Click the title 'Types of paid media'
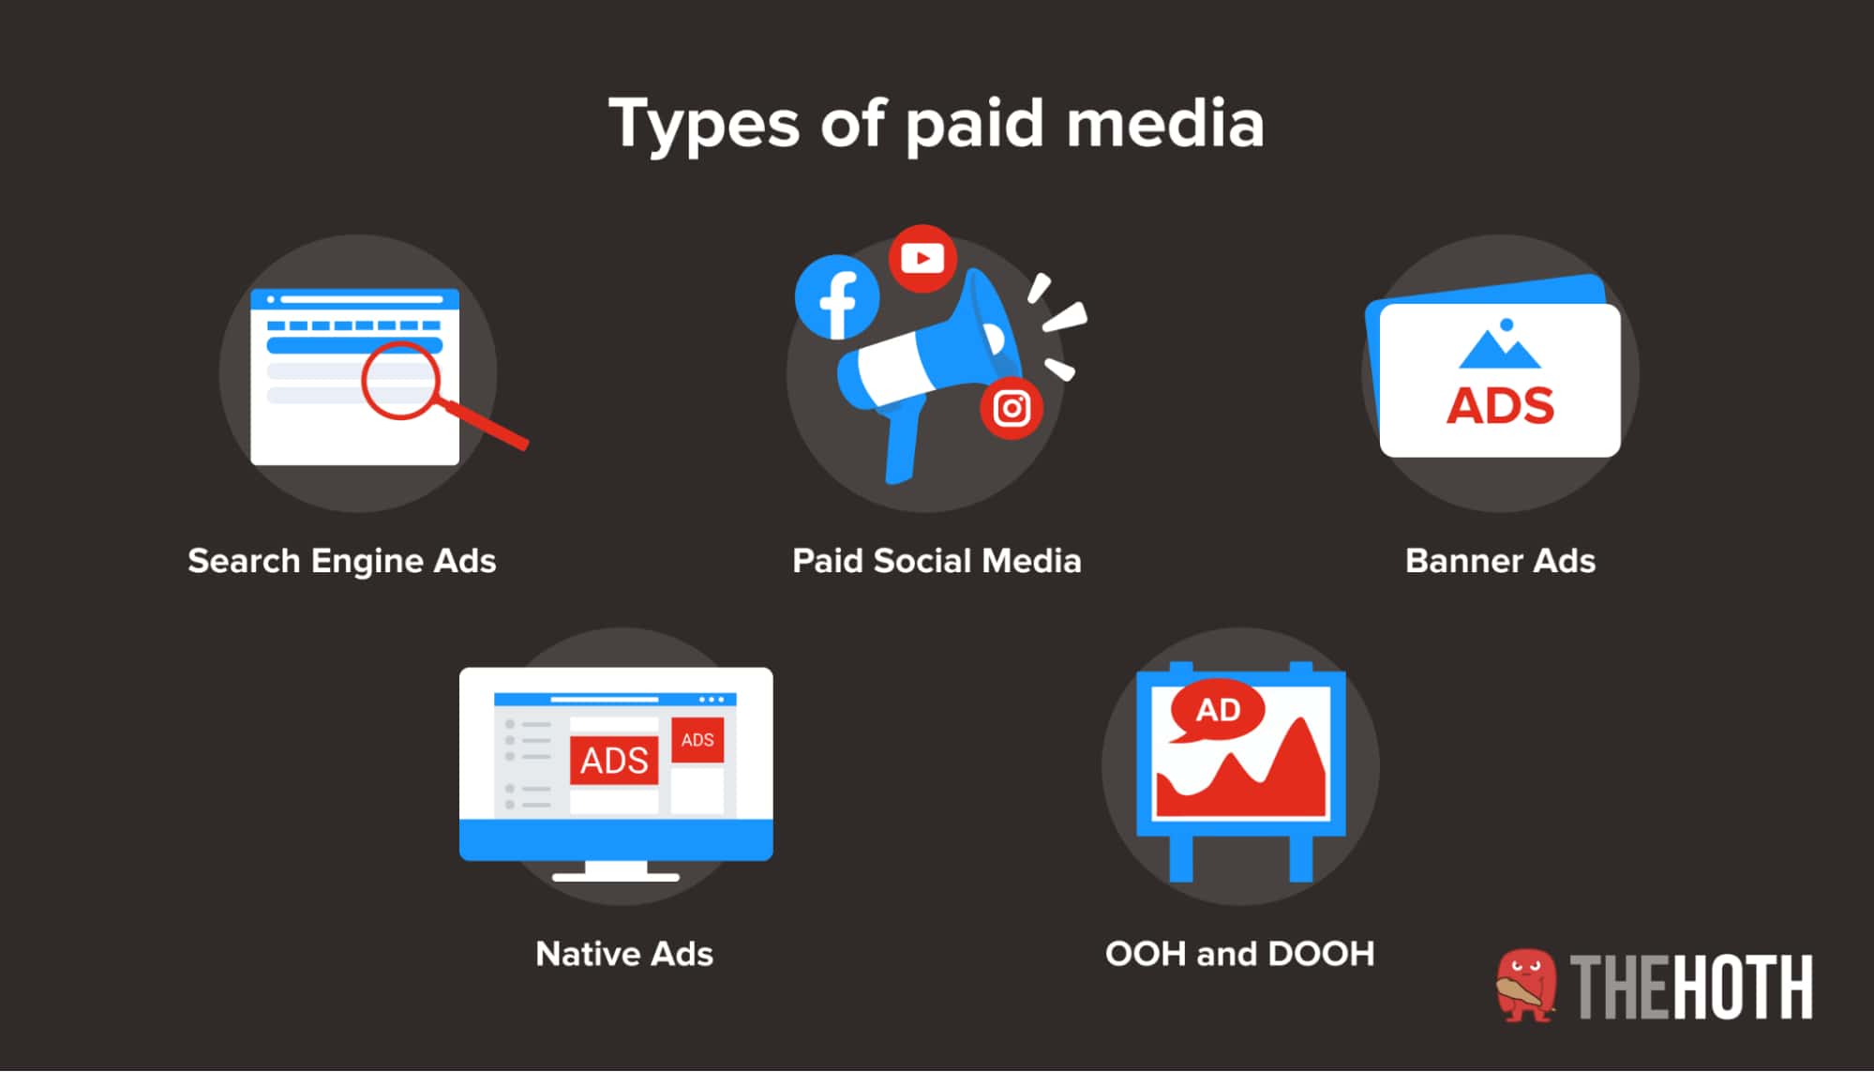[x=937, y=124]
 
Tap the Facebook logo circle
[x=837, y=297]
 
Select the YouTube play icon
[x=922, y=258]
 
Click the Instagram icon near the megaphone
[x=1012, y=409]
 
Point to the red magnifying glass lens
[x=400, y=381]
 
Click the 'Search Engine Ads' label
[x=341, y=561]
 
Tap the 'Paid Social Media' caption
[x=937, y=561]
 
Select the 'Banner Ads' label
[x=1500, y=561]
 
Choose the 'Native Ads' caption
[x=624, y=954]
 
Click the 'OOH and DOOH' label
[x=1239, y=954]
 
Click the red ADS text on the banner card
[x=1500, y=406]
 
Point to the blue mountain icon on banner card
[x=1500, y=347]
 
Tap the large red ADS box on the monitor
[x=614, y=760]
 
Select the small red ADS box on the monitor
[x=697, y=740]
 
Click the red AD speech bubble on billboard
[x=1217, y=710]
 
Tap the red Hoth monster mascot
[x=1526, y=985]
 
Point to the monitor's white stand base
[x=616, y=877]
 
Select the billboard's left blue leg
[x=1181, y=858]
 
